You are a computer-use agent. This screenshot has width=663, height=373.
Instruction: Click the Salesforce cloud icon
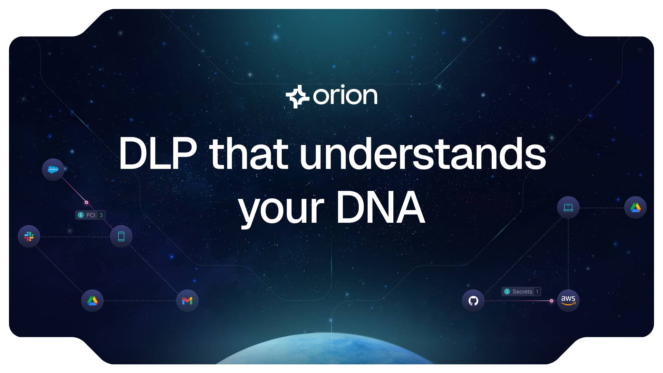[53, 169]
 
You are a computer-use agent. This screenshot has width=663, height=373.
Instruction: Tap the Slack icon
[29, 237]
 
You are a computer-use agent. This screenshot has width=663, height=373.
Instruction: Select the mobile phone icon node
[121, 237]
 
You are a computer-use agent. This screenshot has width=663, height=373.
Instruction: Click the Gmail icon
[187, 301]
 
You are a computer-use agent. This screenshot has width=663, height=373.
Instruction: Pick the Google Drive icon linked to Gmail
[92, 301]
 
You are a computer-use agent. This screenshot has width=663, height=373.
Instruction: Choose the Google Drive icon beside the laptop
[635, 208]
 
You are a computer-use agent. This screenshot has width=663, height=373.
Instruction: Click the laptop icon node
[568, 208]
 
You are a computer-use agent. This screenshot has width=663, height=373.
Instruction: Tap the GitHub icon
[473, 301]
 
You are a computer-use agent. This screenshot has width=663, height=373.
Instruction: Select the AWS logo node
[568, 300]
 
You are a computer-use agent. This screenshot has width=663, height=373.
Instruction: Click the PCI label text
[90, 215]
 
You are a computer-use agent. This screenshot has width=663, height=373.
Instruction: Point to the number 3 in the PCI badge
[101, 215]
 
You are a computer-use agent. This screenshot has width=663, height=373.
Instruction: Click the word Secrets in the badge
[522, 292]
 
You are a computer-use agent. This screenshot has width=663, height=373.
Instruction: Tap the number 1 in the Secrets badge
[537, 292]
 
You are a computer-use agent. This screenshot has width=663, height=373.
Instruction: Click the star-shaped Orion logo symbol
[297, 96]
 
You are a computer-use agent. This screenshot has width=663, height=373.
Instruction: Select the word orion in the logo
[345, 96]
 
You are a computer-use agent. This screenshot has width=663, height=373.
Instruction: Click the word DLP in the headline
[158, 154]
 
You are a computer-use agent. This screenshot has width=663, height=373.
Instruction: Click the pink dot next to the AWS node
[551, 301]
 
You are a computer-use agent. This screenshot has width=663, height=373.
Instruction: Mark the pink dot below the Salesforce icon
[86, 202]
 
